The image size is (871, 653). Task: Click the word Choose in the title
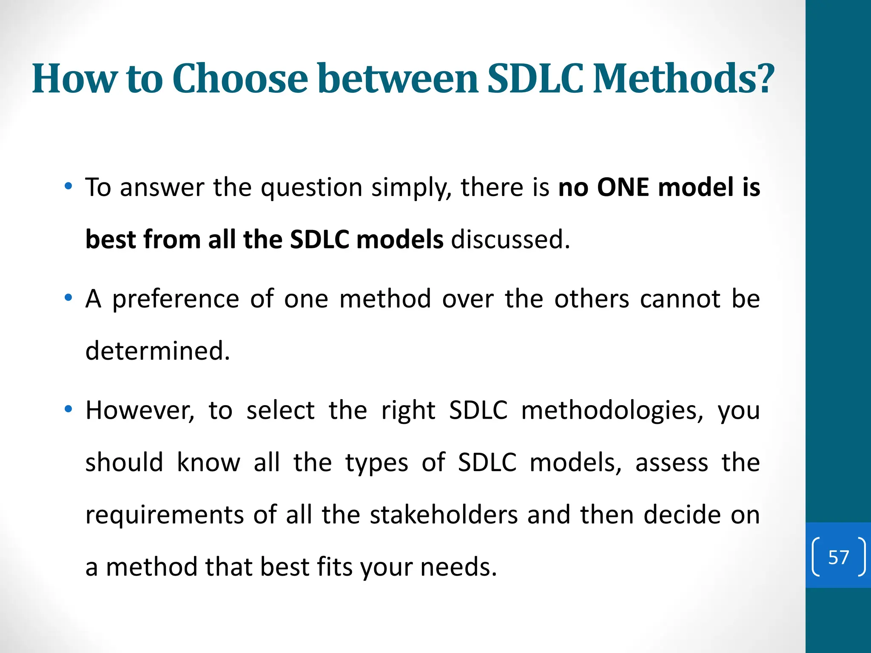click(240, 79)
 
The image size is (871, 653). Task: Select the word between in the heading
click(398, 79)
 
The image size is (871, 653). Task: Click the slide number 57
click(838, 557)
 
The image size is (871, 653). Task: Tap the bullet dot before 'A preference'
click(68, 298)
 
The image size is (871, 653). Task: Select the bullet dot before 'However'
click(68, 409)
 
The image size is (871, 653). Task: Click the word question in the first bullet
click(311, 188)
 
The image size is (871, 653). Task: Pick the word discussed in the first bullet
click(510, 239)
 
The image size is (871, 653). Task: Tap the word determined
click(157, 351)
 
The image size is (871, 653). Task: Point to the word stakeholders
click(444, 515)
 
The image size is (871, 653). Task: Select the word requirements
click(165, 516)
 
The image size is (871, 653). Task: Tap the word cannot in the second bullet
click(680, 299)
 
